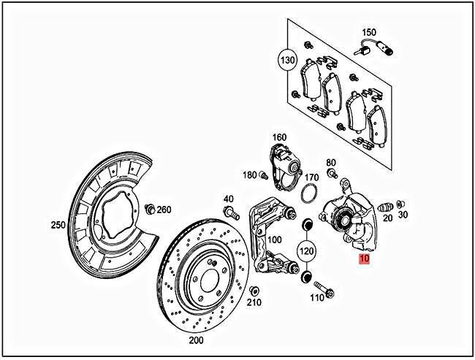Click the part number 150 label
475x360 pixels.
point(370,32)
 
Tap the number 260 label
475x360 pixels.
point(164,210)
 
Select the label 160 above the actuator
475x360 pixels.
point(280,137)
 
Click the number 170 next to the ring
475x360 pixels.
point(312,177)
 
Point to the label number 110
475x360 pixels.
point(317,298)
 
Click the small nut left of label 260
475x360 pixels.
point(149,210)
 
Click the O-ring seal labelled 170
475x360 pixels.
point(309,195)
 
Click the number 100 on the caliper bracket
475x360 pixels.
point(274,240)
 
